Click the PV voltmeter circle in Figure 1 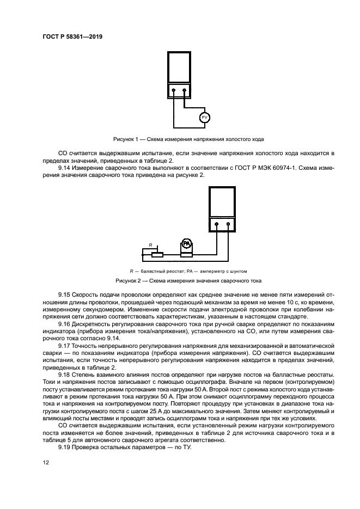click(205, 118)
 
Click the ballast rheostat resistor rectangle click(157, 254)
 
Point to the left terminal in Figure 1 click(173, 90)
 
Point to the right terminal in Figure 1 click(185, 90)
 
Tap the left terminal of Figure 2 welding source click(216, 224)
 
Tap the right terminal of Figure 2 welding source click(229, 224)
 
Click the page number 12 click(46, 462)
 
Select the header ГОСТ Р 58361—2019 click(72, 36)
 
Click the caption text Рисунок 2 click(129, 281)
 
